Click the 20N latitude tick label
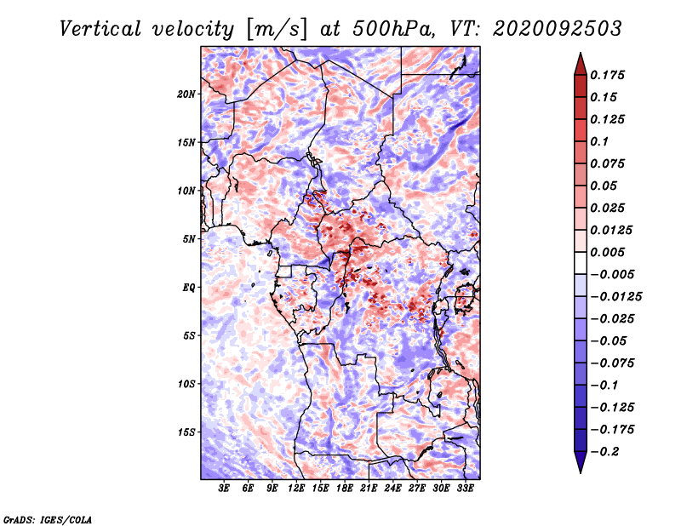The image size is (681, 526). [x=186, y=94]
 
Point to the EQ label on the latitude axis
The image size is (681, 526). [x=189, y=288]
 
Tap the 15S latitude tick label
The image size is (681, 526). [x=187, y=432]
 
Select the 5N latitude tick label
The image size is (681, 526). [x=189, y=239]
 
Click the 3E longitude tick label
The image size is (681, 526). [x=224, y=489]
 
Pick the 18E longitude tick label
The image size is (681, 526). [x=345, y=489]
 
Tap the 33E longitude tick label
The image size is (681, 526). [x=465, y=489]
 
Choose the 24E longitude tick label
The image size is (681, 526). [x=392, y=489]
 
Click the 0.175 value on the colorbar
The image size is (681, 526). [x=607, y=75]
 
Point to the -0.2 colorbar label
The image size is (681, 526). [x=605, y=452]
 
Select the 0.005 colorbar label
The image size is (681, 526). [x=607, y=252]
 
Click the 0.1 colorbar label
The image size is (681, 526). [x=599, y=141]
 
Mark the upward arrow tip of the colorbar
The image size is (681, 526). [x=581, y=53]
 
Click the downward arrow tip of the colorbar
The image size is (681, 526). [x=581, y=472]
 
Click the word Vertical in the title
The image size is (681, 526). [x=100, y=29]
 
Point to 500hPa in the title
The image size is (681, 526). [x=394, y=29]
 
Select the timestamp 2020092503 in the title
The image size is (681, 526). [x=558, y=29]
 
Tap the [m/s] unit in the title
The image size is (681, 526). [x=277, y=30]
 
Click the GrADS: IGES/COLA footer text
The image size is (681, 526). [x=48, y=520]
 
